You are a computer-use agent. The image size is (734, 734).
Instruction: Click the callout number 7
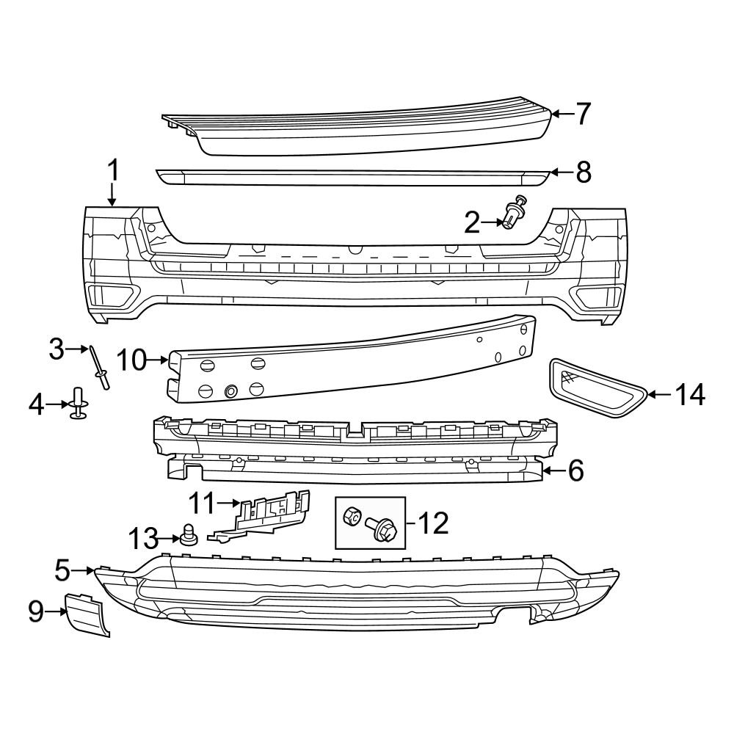[582, 114]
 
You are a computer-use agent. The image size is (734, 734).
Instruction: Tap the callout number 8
[582, 172]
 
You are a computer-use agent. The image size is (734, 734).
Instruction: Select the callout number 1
[112, 172]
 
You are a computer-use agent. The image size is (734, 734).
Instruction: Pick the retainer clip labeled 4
[78, 404]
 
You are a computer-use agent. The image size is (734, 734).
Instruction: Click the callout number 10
[132, 360]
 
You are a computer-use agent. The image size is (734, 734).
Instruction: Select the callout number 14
[691, 395]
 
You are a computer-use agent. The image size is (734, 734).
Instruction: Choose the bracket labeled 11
[268, 514]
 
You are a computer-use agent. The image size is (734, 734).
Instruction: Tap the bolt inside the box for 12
[382, 528]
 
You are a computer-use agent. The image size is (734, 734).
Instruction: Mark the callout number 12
[433, 523]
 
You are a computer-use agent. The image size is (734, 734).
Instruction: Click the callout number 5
[62, 569]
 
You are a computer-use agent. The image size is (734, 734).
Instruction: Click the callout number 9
[36, 611]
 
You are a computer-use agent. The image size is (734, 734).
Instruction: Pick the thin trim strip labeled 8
[352, 177]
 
